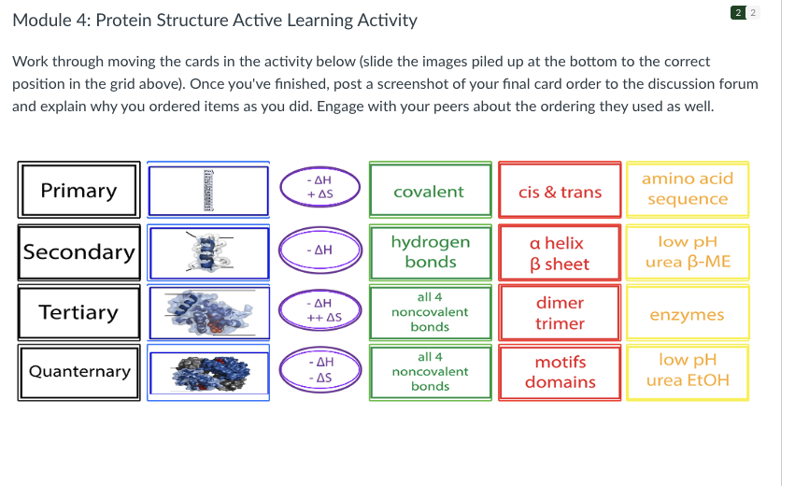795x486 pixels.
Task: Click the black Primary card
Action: point(78,191)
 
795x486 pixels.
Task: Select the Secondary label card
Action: point(78,252)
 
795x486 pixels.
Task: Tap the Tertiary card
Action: point(78,312)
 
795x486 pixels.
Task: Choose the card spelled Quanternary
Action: point(78,372)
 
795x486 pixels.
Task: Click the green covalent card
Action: point(430,192)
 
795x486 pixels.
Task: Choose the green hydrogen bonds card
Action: point(430,252)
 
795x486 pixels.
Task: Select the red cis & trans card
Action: point(560,192)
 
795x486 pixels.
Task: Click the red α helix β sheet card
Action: point(560,253)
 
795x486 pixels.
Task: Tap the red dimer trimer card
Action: point(560,313)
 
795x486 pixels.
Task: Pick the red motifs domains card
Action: point(560,372)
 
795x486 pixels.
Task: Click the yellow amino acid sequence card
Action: point(688,189)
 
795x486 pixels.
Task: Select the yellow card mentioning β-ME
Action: point(688,252)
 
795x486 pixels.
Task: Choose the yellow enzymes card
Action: point(688,315)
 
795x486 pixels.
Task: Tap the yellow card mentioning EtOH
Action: point(688,370)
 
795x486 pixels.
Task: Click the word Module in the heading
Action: point(44,21)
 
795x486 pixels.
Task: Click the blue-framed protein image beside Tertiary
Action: point(207,312)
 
